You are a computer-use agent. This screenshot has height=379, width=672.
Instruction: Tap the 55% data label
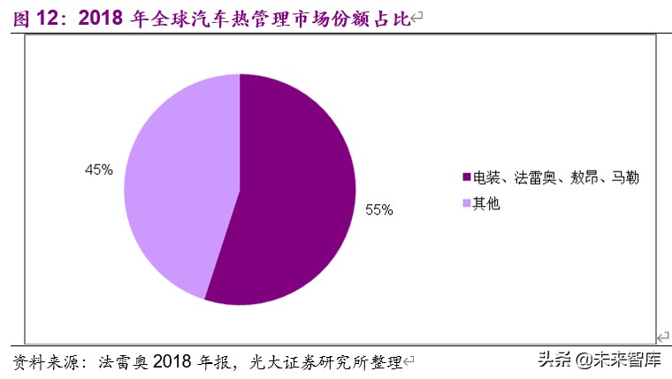[378, 210]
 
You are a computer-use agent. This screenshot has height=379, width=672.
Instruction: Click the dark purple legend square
[467, 178]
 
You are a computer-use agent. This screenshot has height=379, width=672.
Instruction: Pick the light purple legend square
[467, 203]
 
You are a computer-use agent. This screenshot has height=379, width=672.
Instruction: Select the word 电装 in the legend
[486, 178]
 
